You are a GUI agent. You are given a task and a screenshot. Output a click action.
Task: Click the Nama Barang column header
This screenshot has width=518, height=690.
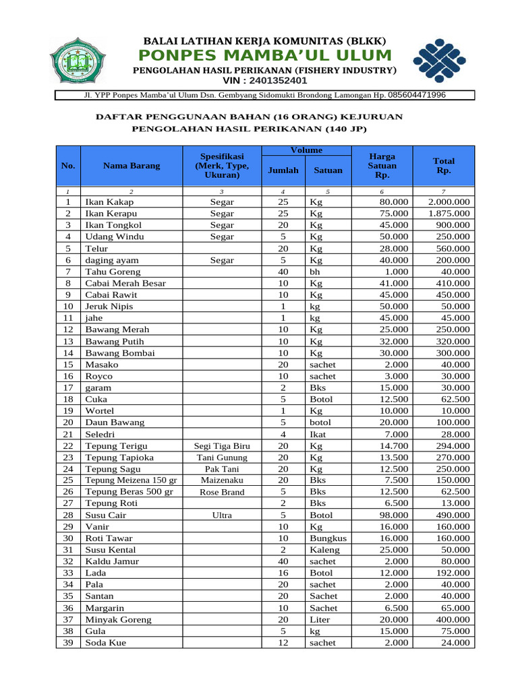pos(132,166)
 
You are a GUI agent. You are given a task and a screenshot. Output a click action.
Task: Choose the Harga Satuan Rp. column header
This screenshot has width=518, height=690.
pos(382,166)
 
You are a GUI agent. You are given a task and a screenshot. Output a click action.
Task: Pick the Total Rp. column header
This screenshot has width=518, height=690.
pos(444,166)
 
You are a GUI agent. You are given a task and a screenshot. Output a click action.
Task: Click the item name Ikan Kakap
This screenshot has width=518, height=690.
pos(109,202)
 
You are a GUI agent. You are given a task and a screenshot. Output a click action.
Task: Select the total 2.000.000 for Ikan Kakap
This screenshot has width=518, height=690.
pos(449,202)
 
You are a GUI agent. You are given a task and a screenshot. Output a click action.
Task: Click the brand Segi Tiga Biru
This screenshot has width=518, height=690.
pos(222,446)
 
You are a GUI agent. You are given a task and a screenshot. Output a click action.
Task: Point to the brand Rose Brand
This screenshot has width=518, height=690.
pos(222,493)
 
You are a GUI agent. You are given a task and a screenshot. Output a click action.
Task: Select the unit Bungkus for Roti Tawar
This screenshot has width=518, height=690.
pos(328,538)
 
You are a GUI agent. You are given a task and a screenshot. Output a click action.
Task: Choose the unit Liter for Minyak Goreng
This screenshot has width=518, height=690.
pos(320,620)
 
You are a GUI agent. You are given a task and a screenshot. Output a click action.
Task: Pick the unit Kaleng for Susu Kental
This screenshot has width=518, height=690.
pos(324,550)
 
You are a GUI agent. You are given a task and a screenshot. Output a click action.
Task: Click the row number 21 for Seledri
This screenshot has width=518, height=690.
pos(68,435)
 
